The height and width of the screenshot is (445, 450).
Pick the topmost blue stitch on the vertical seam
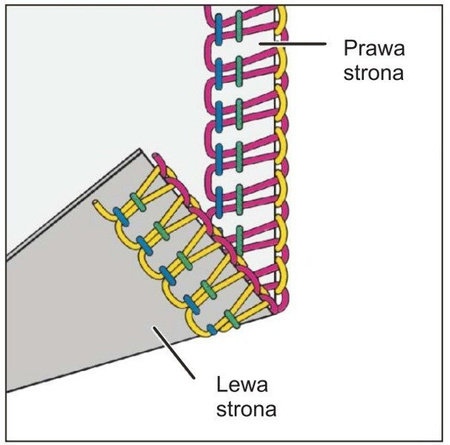point(216,23)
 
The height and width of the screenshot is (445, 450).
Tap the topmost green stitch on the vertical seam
point(240,23)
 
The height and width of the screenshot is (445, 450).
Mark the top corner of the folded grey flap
point(143,151)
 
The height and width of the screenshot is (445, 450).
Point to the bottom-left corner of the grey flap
point(8,390)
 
